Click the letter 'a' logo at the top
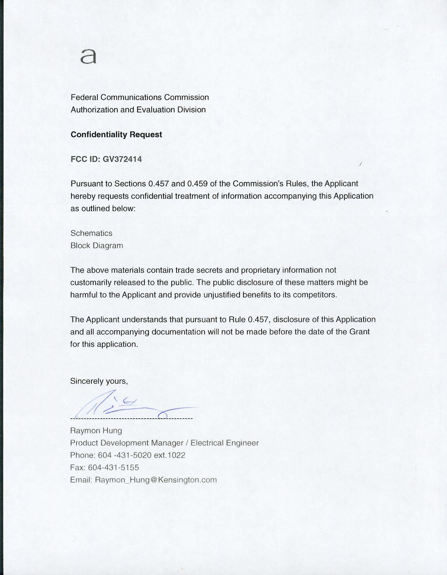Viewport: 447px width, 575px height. [x=88, y=56]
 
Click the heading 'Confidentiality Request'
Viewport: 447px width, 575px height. [x=116, y=135]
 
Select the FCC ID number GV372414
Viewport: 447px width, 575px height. [x=122, y=159]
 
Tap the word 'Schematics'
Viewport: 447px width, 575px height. [x=91, y=233]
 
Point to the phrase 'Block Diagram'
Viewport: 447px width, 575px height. [x=97, y=245]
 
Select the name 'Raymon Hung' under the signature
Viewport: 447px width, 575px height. [x=96, y=431]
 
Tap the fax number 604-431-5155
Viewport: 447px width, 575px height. [x=114, y=467]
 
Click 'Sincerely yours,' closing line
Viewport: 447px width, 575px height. [x=99, y=381]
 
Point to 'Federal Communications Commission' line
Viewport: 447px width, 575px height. [x=140, y=97]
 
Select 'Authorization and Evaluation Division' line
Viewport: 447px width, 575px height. [x=138, y=110]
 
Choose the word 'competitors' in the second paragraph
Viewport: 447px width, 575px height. [x=314, y=295]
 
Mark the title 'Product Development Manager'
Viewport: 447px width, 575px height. [x=127, y=443]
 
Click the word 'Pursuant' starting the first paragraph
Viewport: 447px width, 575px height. [x=85, y=184]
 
